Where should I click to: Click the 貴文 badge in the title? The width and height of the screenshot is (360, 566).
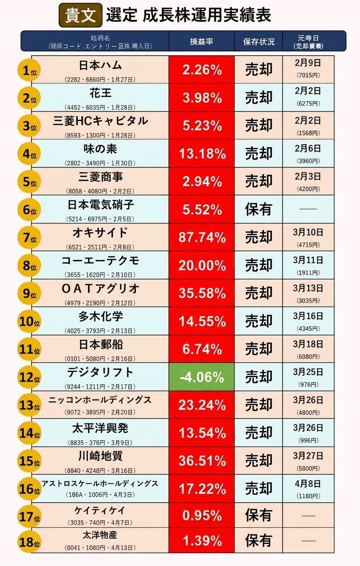(80, 15)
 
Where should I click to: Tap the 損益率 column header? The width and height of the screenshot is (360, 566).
(201, 41)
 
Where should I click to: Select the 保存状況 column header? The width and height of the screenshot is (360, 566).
(259, 41)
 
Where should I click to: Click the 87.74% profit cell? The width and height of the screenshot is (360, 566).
(202, 237)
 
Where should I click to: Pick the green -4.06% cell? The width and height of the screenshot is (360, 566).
(202, 377)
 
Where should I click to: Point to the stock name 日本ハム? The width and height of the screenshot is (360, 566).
(100, 65)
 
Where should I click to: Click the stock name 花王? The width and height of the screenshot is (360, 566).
(100, 93)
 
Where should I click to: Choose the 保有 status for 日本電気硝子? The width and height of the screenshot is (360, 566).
(259, 209)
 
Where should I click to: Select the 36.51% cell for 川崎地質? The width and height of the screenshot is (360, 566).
(202, 461)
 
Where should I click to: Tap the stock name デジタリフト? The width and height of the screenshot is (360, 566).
(100, 372)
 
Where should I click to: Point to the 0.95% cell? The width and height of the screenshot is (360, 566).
(202, 515)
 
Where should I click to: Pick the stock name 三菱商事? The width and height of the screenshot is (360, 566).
(100, 177)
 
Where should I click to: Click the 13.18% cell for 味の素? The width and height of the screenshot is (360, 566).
(202, 154)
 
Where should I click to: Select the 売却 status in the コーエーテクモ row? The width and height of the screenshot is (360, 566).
(259, 265)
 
